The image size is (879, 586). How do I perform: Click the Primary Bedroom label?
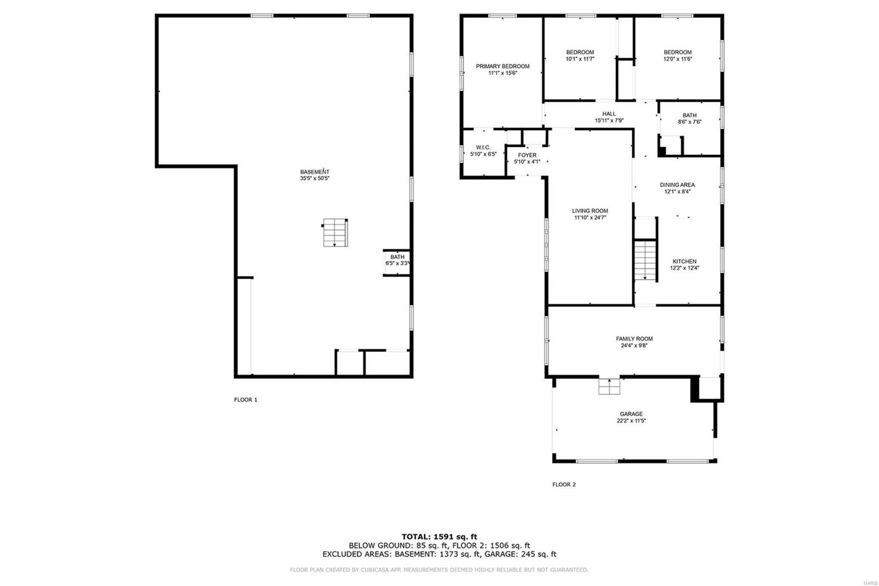click(x=503, y=67)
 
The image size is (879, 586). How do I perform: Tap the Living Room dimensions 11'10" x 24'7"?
click(x=590, y=218)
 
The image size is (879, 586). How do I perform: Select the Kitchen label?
click(x=685, y=261)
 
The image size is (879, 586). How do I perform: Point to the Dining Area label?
click(x=677, y=185)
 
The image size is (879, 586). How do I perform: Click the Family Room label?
click(x=634, y=339)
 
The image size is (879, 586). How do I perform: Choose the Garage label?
click(x=631, y=413)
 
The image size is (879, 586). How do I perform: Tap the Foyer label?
click(x=527, y=155)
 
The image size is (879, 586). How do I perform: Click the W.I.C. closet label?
click(x=483, y=148)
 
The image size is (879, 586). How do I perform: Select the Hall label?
click(x=609, y=114)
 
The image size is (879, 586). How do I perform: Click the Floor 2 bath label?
click(x=689, y=115)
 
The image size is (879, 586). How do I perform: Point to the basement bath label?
click(x=397, y=257)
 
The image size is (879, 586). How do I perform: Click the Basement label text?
click(x=315, y=172)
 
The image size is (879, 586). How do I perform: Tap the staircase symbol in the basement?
click(x=335, y=233)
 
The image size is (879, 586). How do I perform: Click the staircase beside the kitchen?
click(x=646, y=260)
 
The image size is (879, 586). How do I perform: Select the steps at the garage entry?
click(x=609, y=386)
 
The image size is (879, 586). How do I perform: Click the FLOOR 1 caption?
click(x=246, y=400)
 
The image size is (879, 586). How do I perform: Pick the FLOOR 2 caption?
click(x=564, y=485)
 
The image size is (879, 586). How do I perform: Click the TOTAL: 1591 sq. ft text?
click(x=439, y=537)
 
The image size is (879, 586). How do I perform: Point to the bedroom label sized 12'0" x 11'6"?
click(x=678, y=52)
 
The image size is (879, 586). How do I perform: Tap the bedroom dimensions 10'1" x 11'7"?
click(x=580, y=59)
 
